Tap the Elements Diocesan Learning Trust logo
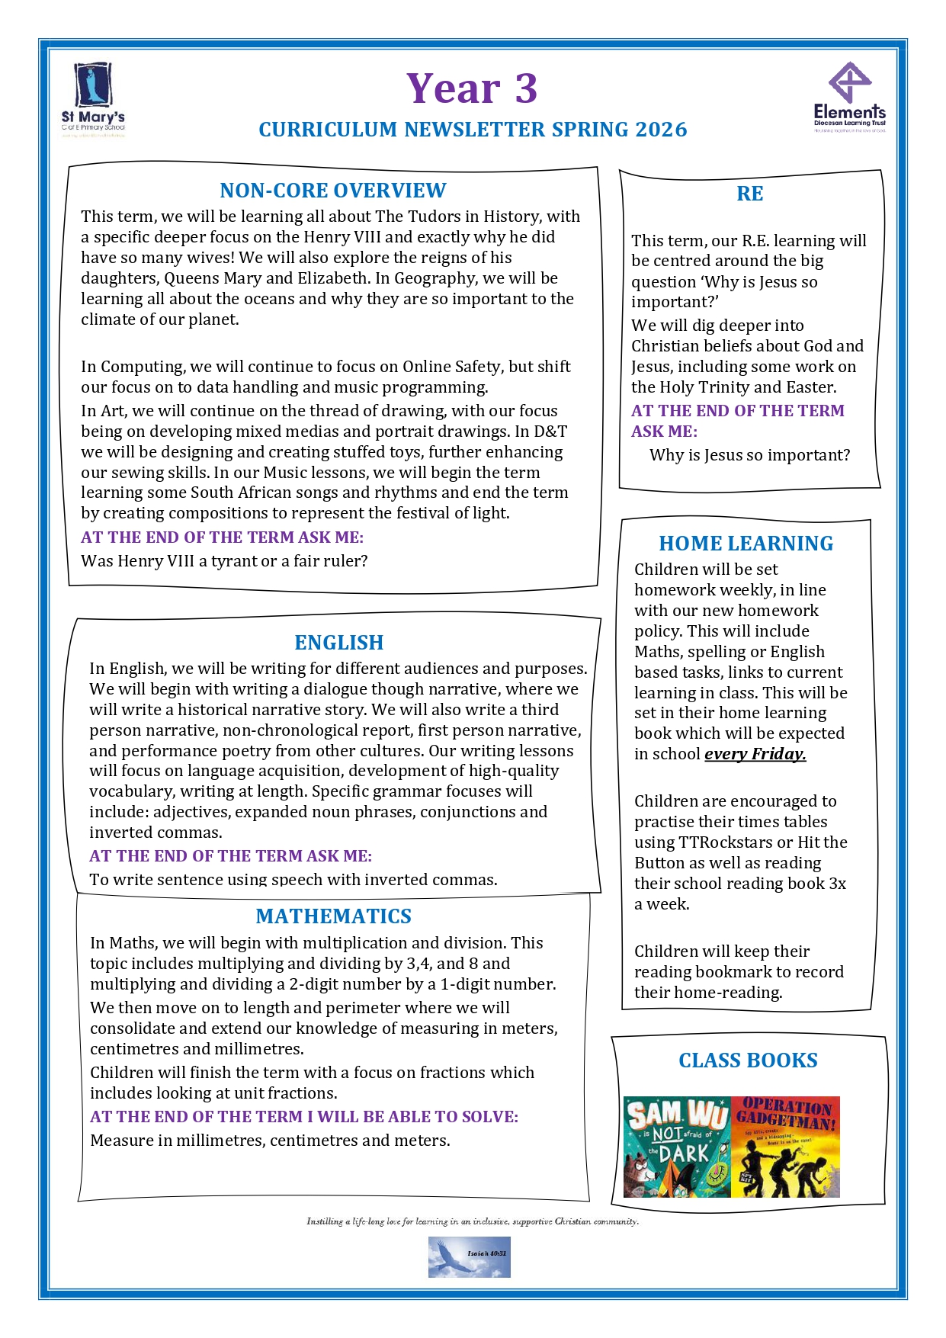pos(849,97)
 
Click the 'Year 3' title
pos(472,88)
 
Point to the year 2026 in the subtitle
pos(662,130)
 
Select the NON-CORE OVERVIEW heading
pos(332,191)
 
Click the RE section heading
pos(749,194)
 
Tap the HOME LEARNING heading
pos(746,544)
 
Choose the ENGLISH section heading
pos(338,643)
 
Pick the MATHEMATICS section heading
pos(333,916)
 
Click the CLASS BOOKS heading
pos(748,1060)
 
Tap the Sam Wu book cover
pos(677,1147)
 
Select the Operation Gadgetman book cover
pos(785,1147)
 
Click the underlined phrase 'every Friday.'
pos(755,754)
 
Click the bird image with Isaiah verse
pos(469,1257)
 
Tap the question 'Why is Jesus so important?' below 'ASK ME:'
pos(749,455)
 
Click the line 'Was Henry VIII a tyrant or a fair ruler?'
pos(224,561)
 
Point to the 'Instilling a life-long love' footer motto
pos(473,1221)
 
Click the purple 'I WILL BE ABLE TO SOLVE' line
pos(304,1117)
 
